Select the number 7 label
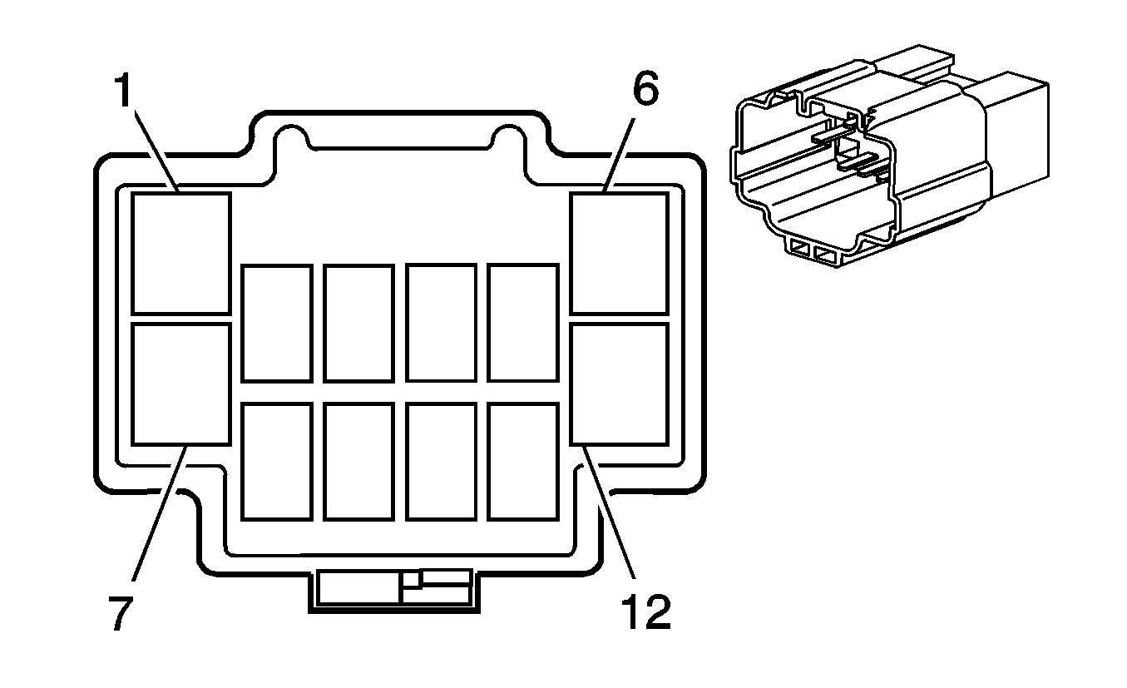coord(121,612)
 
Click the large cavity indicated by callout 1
coord(181,253)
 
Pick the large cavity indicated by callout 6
coord(620,253)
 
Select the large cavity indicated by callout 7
coord(181,384)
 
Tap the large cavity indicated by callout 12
coord(620,384)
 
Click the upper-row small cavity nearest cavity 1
coord(277,323)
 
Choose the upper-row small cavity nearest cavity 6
coord(523,323)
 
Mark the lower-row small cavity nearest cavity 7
coord(277,461)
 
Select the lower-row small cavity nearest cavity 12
coord(523,461)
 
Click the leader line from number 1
coord(156,152)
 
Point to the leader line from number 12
coord(608,512)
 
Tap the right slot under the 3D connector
coord(826,255)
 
